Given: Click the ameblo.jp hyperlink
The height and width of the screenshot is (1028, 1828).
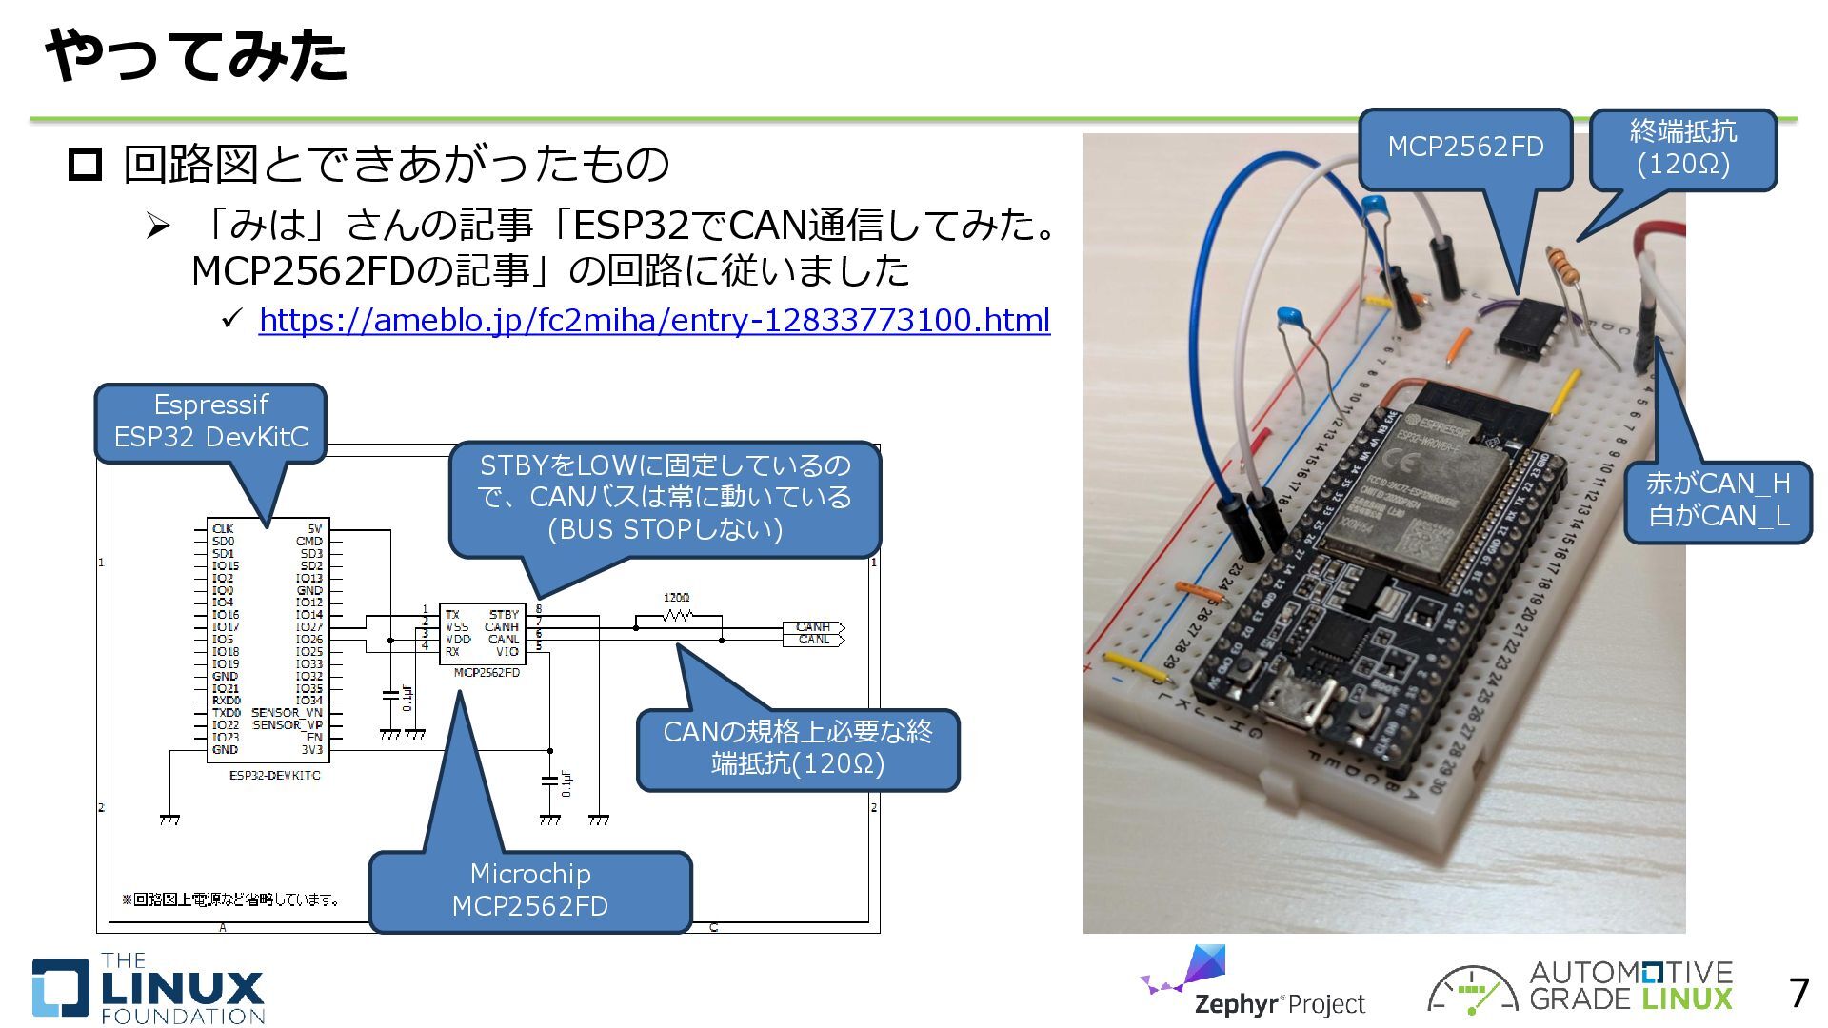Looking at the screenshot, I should (654, 321).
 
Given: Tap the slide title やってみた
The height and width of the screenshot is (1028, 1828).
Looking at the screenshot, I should (196, 55).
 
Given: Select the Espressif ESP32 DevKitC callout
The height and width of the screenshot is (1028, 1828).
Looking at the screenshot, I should (210, 422).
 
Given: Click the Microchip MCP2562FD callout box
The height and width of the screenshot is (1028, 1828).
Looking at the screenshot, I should (529, 890).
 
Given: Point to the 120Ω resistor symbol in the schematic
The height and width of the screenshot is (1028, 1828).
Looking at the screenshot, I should (677, 616).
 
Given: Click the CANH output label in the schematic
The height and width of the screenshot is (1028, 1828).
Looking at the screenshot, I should (812, 626).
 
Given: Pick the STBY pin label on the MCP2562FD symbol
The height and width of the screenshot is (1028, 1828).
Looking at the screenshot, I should (504, 614).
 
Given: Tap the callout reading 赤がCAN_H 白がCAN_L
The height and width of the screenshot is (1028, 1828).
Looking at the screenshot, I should (1718, 501).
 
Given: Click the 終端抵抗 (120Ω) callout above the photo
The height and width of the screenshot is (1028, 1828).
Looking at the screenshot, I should (1682, 148).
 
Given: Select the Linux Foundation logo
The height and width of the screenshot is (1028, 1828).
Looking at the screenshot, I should (149, 989).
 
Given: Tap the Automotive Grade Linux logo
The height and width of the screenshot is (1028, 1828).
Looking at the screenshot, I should (1580, 987).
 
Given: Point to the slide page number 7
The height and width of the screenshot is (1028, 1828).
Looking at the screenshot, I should (1798, 994).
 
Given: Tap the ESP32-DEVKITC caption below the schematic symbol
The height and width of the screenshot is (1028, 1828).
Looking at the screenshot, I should (274, 776).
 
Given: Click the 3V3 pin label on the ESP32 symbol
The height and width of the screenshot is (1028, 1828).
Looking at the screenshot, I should (311, 750).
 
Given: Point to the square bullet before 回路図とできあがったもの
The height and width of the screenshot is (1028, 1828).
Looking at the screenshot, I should (85, 165).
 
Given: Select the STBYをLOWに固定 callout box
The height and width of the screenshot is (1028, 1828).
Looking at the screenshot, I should (665, 498).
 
